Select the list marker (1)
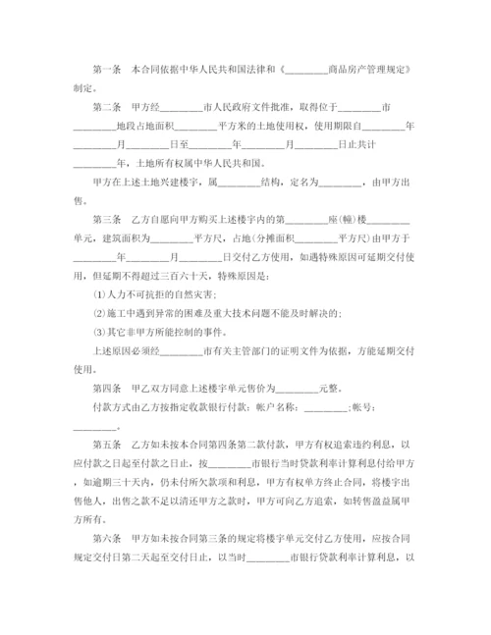(95, 291)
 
